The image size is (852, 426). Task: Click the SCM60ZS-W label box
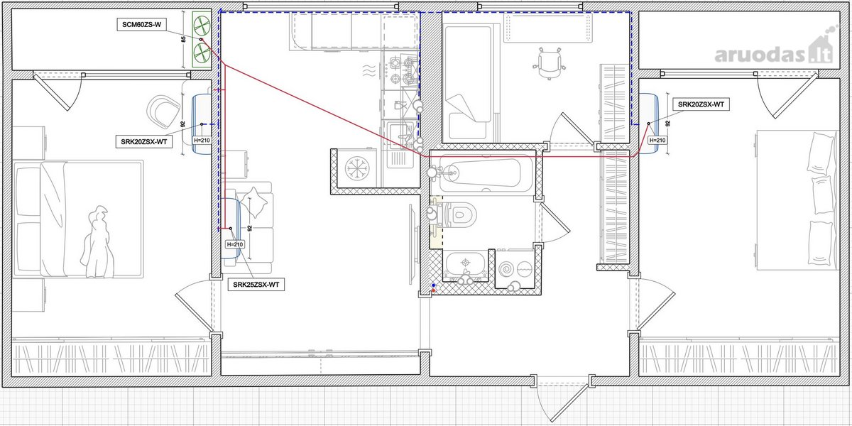click(141, 25)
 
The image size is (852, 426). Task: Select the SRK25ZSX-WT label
click(256, 285)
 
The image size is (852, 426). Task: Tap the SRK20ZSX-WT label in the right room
click(701, 104)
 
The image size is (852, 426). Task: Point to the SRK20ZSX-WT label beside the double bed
click(143, 142)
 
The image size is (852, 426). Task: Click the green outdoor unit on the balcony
click(201, 40)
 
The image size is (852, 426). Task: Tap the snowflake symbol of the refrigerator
click(357, 168)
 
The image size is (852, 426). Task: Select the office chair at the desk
click(549, 63)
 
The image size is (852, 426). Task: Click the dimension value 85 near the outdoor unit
click(184, 40)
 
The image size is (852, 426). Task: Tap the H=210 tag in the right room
click(657, 141)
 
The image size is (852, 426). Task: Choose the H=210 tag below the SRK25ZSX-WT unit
click(234, 244)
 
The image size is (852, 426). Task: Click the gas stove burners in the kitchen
click(402, 70)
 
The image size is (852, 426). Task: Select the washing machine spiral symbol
click(506, 269)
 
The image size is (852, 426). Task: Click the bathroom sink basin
click(465, 263)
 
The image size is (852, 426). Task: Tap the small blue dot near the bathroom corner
click(434, 285)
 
